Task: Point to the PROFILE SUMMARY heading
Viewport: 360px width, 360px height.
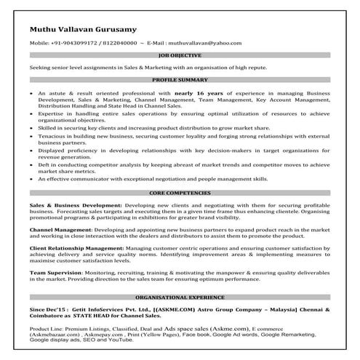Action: (180, 80)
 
